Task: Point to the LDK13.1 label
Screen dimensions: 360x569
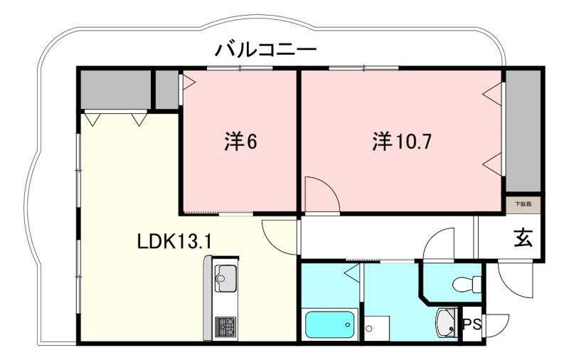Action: pyautogui.click(x=174, y=241)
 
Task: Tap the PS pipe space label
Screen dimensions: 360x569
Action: pyautogui.click(x=473, y=325)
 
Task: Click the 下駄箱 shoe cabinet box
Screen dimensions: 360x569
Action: pyautogui.click(x=523, y=204)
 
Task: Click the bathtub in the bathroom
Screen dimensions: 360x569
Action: pyautogui.click(x=329, y=324)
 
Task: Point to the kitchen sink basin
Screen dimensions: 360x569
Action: pyautogui.click(x=225, y=275)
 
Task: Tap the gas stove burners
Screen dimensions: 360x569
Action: pyautogui.click(x=225, y=327)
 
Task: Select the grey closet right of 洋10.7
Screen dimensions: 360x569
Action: pyautogui.click(x=523, y=131)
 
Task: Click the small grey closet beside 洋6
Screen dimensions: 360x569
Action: pyautogui.click(x=166, y=89)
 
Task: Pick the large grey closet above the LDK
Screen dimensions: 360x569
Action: pyautogui.click(x=115, y=89)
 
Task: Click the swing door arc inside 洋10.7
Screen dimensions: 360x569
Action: pyautogui.click(x=320, y=194)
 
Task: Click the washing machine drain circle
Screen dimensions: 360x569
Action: pyautogui.click(x=370, y=329)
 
